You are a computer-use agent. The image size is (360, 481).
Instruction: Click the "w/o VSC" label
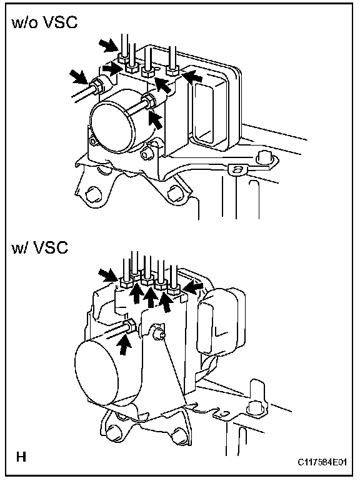click(44, 22)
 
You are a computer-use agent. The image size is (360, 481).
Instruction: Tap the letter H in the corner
click(21, 457)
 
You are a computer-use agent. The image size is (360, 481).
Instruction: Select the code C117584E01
click(322, 462)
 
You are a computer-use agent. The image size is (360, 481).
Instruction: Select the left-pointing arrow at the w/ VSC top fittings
click(192, 287)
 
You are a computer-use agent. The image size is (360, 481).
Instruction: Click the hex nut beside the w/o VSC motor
click(149, 101)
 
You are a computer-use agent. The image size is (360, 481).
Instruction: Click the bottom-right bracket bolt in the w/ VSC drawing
click(178, 436)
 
